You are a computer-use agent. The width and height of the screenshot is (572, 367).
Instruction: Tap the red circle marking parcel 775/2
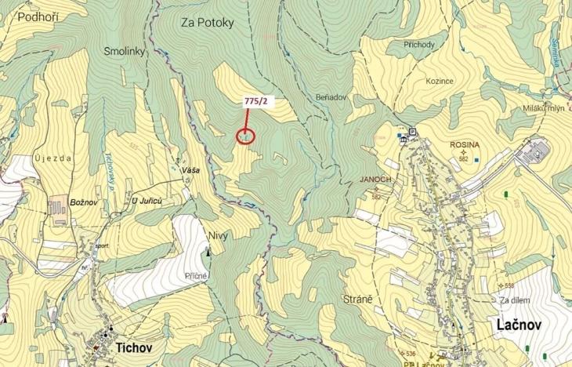click(x=245, y=136)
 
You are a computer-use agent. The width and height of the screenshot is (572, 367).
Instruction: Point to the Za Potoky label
click(x=208, y=23)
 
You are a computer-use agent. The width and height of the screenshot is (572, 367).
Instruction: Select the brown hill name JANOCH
click(x=375, y=179)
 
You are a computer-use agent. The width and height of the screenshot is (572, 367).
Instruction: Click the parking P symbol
click(x=411, y=131)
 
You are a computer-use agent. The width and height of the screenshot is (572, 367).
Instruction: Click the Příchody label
click(x=418, y=45)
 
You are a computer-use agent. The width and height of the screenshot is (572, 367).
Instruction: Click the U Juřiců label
click(x=147, y=202)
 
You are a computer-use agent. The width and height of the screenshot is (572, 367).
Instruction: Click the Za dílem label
click(x=515, y=300)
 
